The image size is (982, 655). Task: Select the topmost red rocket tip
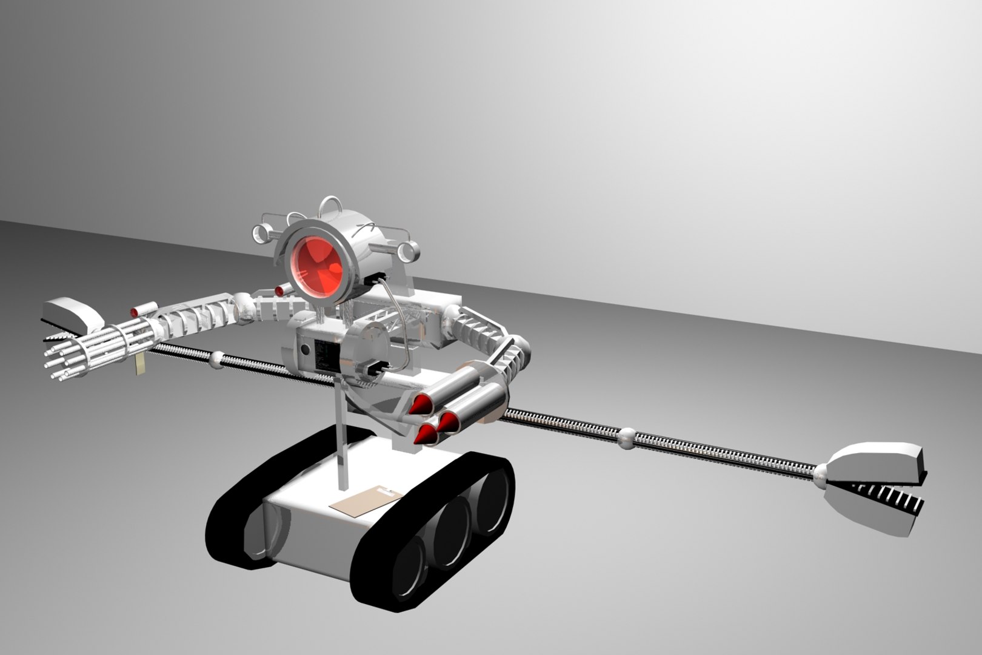click(x=418, y=405)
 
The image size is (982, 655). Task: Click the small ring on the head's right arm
click(x=412, y=250)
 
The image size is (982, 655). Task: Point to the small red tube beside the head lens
click(x=279, y=291)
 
